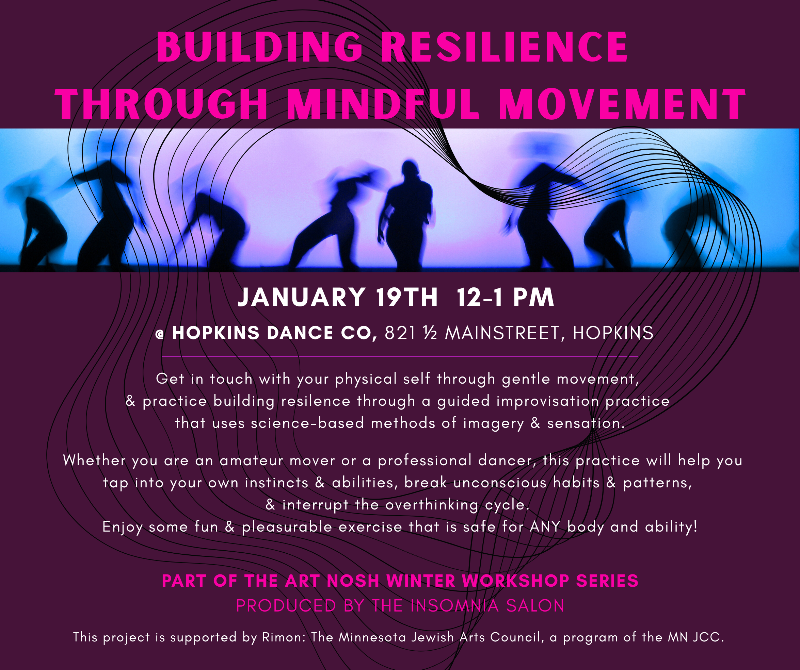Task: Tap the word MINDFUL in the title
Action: [383, 104]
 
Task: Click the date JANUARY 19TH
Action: [337, 297]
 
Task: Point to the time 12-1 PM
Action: [505, 297]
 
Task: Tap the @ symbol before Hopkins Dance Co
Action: [160, 334]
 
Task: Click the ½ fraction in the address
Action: [430, 333]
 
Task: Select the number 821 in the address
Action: [400, 333]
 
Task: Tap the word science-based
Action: [307, 423]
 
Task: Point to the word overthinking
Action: [432, 505]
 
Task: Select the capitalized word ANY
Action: [545, 526]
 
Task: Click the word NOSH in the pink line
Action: [353, 581]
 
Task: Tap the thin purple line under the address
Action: [400, 357]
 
